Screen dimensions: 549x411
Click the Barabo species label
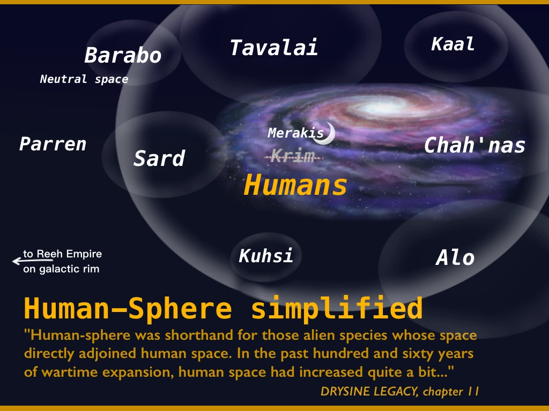coord(123,55)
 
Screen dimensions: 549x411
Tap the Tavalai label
coord(274,48)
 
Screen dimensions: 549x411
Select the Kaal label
coord(452,44)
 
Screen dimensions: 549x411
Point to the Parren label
coord(53,144)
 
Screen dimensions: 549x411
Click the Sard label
coord(159,158)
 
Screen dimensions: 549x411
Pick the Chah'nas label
coord(474,145)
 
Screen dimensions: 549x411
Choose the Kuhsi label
coord(266,256)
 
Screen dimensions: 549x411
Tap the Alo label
coord(455,257)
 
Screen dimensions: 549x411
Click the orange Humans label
coord(295,185)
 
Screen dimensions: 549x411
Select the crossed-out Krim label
coord(293,155)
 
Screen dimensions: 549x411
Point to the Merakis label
coord(296,133)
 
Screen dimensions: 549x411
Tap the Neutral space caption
coord(84,79)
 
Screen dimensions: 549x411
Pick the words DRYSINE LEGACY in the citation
coord(369,391)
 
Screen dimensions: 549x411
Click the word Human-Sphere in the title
coord(128,308)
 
